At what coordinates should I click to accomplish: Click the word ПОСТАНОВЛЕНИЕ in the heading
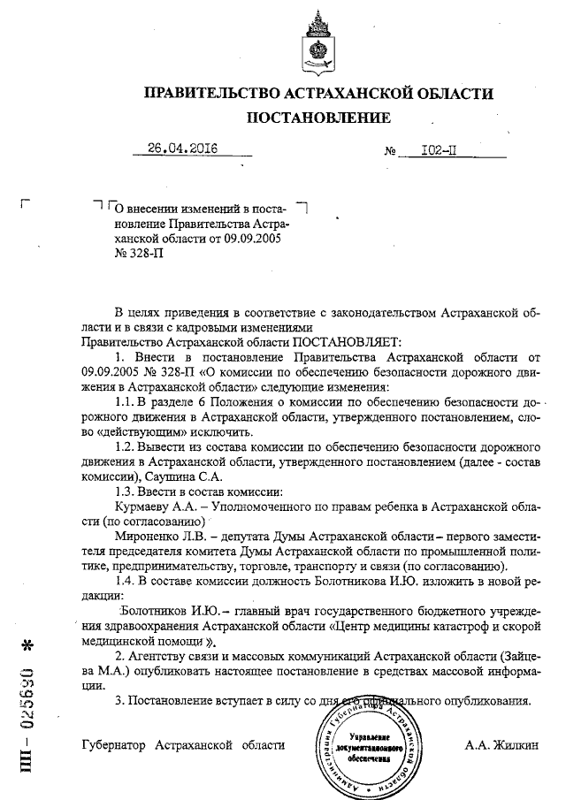click(x=318, y=117)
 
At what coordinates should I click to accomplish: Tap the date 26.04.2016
click(x=183, y=148)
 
